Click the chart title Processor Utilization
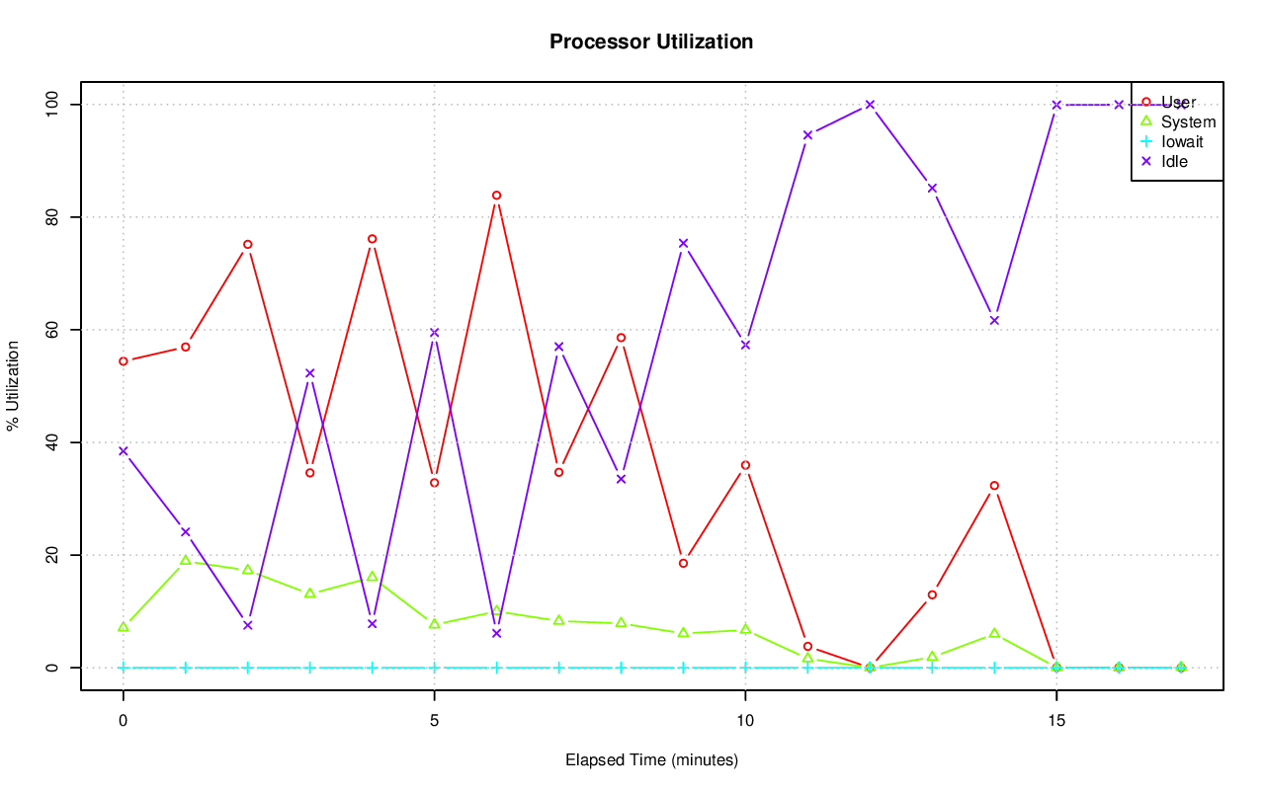[651, 41]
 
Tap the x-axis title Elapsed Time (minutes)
[651, 760]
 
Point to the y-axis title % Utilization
[13, 385]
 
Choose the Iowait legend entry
[1182, 141]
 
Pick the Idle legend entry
[1174, 161]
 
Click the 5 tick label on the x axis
[434, 722]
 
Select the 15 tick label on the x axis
[1056, 722]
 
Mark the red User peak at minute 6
[496, 196]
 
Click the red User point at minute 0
[124, 361]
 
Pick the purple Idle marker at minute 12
[870, 105]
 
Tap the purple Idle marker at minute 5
[434, 333]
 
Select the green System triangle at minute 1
[186, 561]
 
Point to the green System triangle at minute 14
[994, 633]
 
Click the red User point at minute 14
[994, 486]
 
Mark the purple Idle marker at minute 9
[683, 243]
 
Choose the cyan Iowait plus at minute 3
[310, 668]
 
